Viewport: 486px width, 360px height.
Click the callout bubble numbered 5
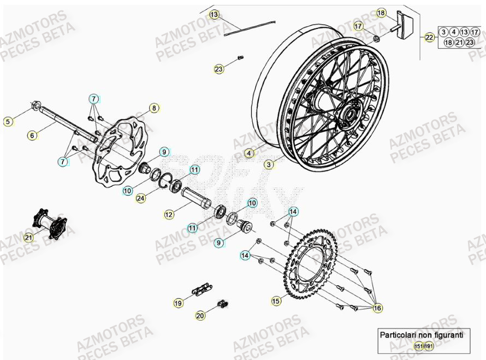(x=8, y=122)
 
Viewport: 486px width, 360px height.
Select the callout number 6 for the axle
(x=32, y=135)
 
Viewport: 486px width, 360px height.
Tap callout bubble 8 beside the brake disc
(x=154, y=108)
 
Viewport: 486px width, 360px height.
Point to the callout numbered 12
(x=169, y=215)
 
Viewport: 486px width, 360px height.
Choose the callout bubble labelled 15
(x=276, y=300)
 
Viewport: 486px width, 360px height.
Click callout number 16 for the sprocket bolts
(x=377, y=309)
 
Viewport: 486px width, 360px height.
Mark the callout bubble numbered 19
(x=178, y=302)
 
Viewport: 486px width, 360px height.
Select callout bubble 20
(x=200, y=315)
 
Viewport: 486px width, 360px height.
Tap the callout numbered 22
(x=430, y=37)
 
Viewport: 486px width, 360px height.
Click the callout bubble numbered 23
(x=219, y=69)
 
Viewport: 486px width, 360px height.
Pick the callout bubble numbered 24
(x=140, y=198)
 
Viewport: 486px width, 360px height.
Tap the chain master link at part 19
(x=200, y=287)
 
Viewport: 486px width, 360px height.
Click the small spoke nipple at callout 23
(x=240, y=57)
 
